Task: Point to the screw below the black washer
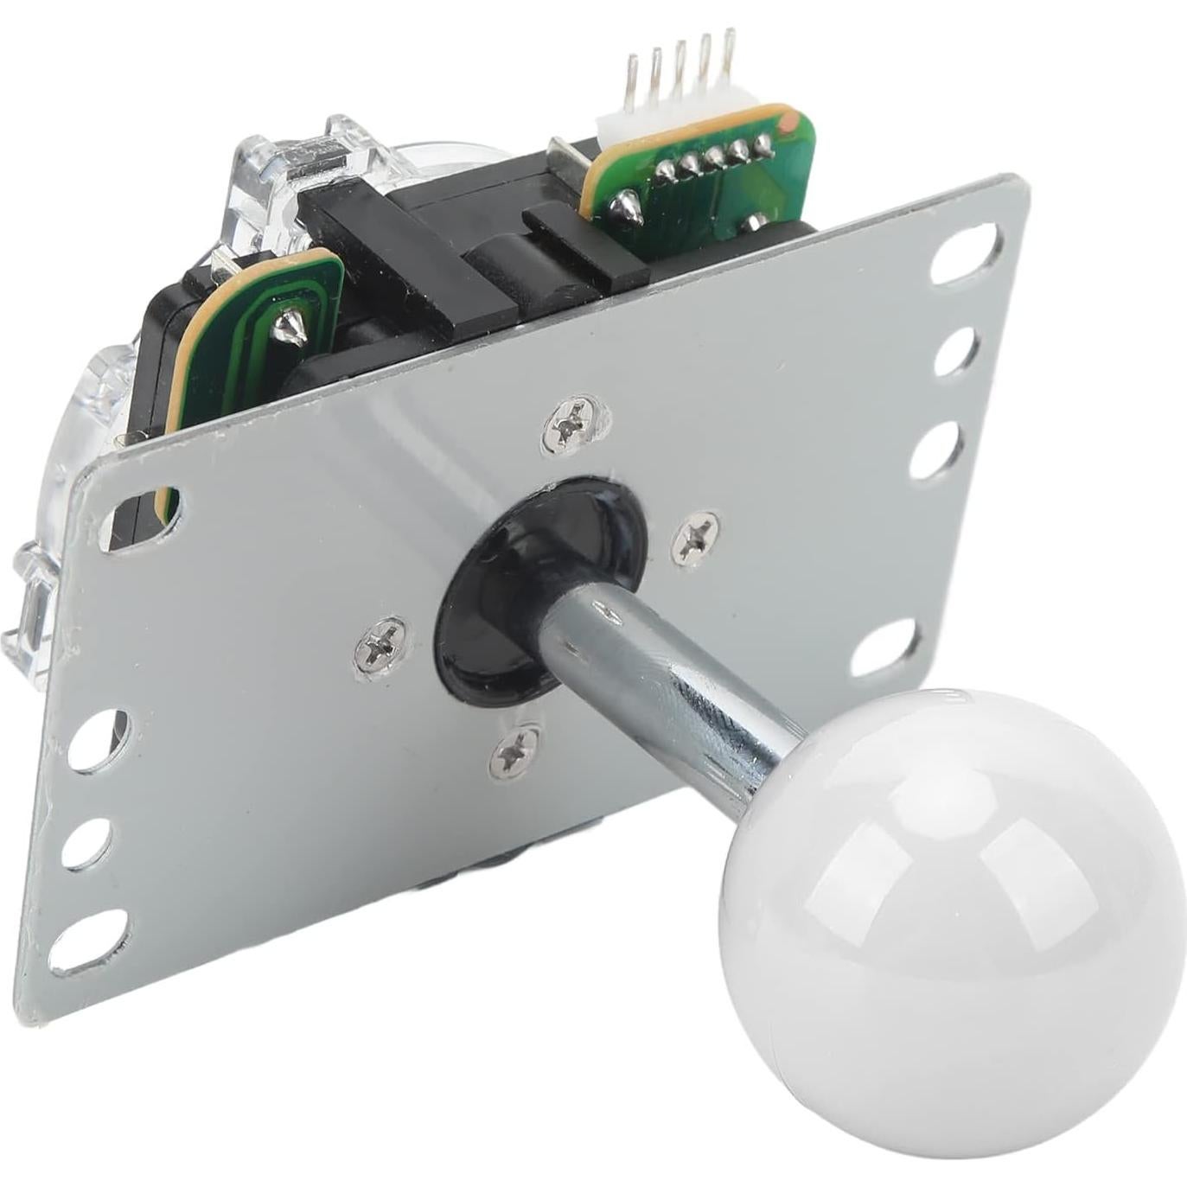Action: tap(515, 750)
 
